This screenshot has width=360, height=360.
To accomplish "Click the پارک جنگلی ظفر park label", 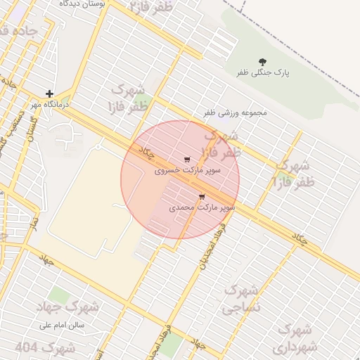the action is (x=263, y=72).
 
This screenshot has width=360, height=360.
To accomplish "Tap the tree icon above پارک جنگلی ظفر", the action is (x=263, y=61).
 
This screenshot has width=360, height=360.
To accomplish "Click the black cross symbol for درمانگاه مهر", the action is (x=49, y=93).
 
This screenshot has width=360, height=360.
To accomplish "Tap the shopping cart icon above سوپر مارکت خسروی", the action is (x=186, y=160).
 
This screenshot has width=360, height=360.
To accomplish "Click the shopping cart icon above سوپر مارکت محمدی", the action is (x=202, y=197).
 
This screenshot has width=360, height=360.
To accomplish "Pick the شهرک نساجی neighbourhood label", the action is (x=240, y=299).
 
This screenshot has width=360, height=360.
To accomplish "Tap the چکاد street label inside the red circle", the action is (x=147, y=153).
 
